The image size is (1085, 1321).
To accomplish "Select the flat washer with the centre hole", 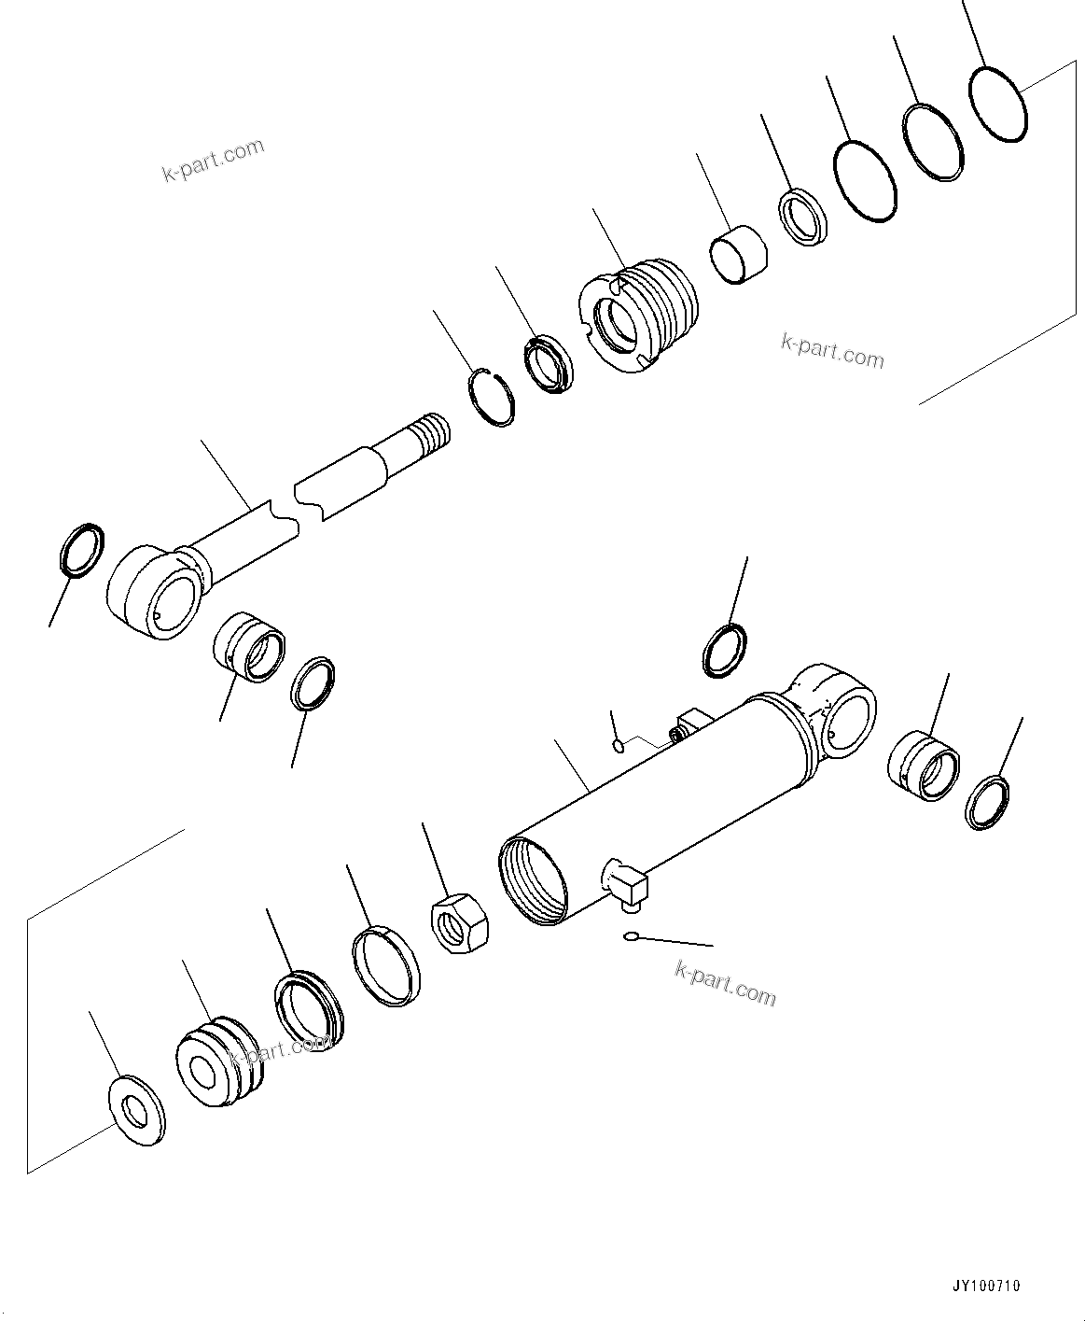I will pyautogui.click(x=135, y=1111).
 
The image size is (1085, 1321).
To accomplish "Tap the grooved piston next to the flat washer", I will pyautogui.click(x=220, y=1059).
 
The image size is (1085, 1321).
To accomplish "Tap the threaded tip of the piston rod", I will pyautogui.click(x=432, y=435).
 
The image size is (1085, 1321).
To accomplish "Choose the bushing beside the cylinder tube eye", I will pyautogui.click(x=923, y=765).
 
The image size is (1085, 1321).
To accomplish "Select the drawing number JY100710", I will pyautogui.click(x=986, y=1286).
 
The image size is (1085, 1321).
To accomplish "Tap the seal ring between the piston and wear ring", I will pyautogui.click(x=308, y=1012).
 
